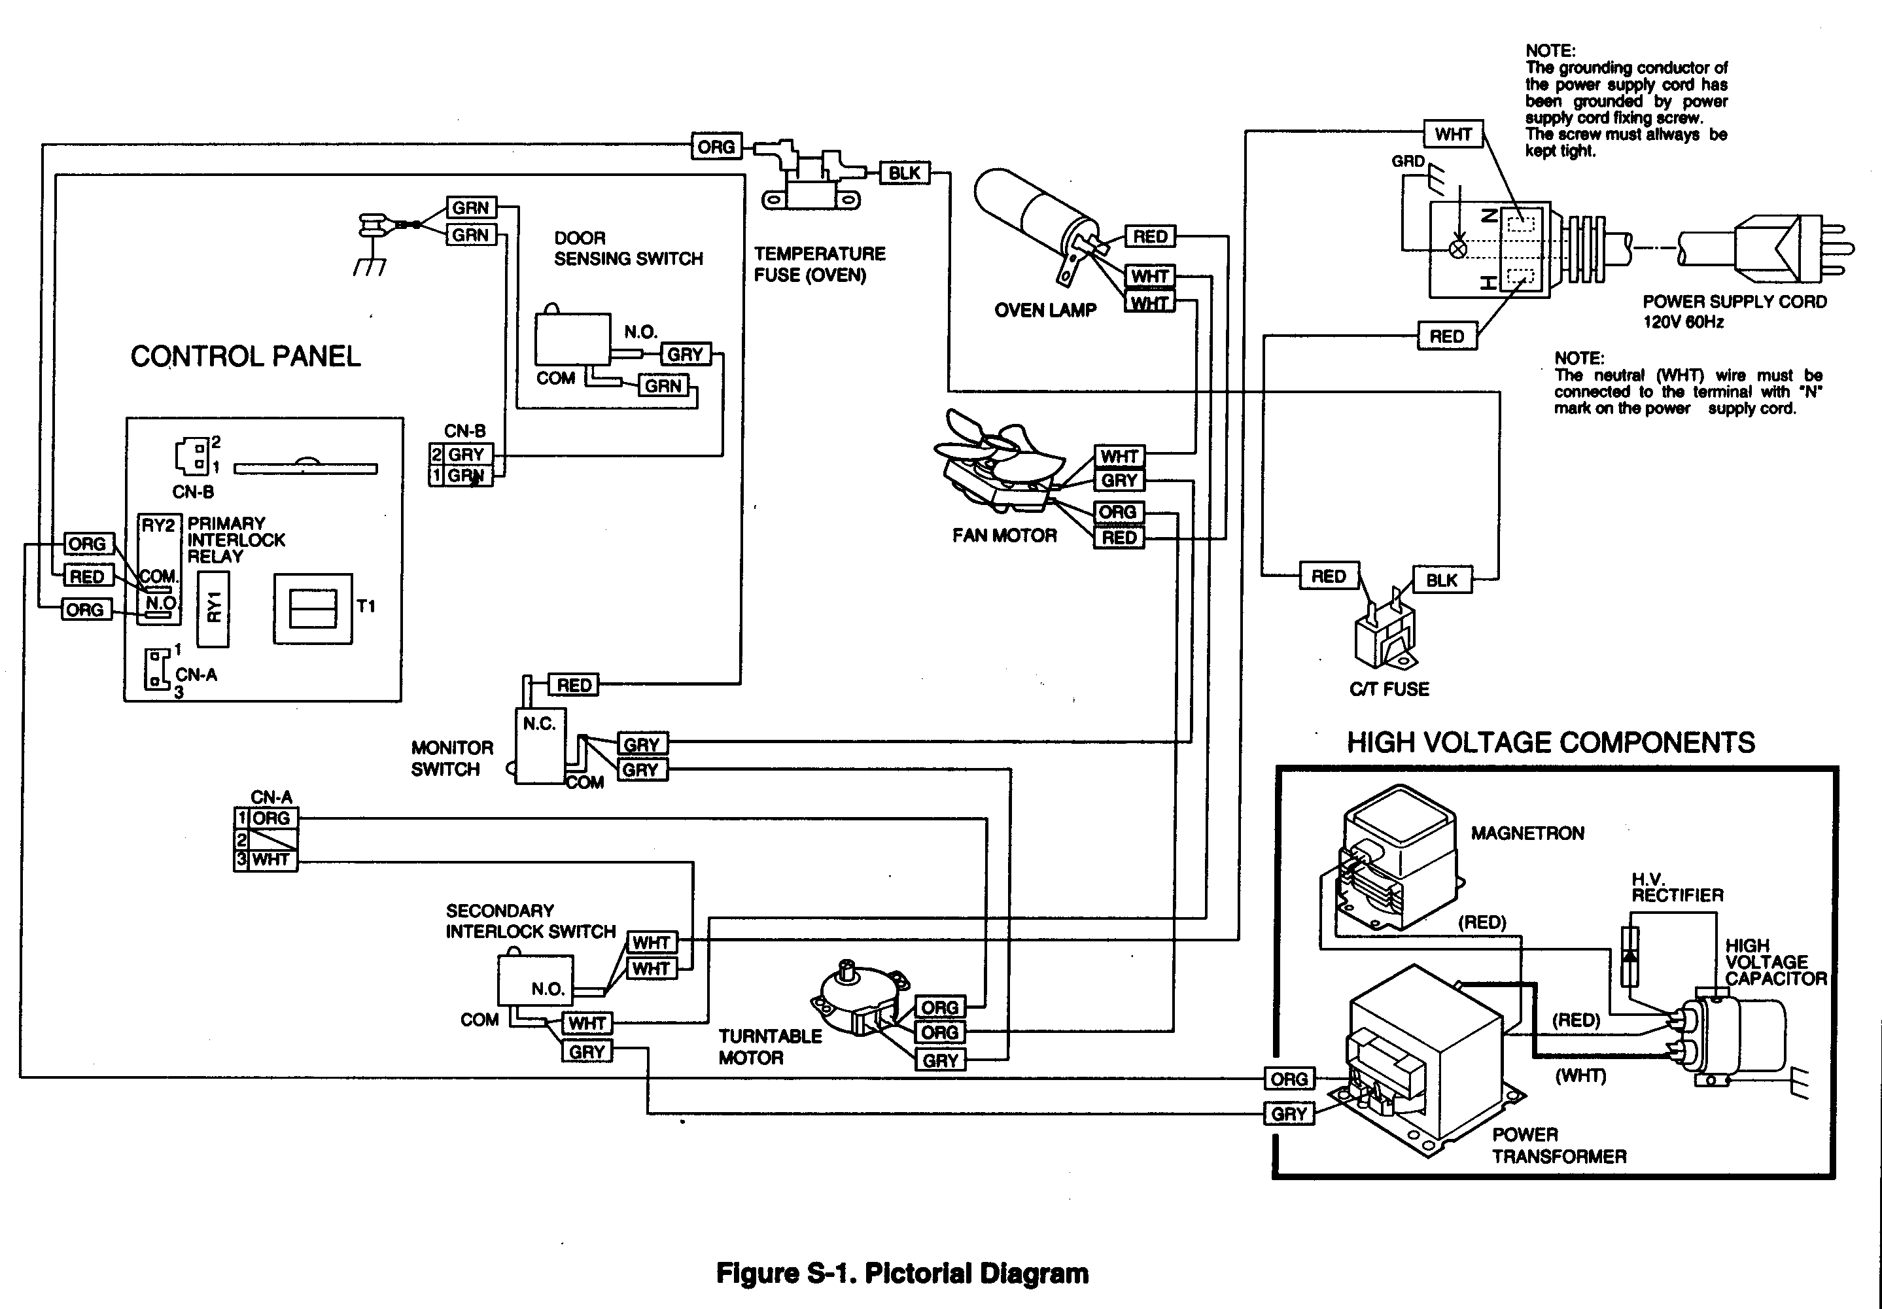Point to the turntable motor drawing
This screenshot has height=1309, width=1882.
tap(861, 1000)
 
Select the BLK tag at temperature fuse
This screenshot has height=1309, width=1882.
tap(904, 173)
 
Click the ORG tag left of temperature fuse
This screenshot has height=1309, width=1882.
tap(716, 147)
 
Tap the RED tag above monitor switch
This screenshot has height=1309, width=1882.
tap(574, 685)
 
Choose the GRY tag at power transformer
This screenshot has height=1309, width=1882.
tap(1289, 1114)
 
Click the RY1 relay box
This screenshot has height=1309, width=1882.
tap(214, 609)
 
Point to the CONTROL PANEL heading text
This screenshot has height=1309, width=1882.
tap(245, 357)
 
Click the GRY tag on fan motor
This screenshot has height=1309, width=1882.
tap(1119, 480)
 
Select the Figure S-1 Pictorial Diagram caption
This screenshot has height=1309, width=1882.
tap(901, 1273)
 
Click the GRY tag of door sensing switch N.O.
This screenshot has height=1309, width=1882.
tap(686, 354)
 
